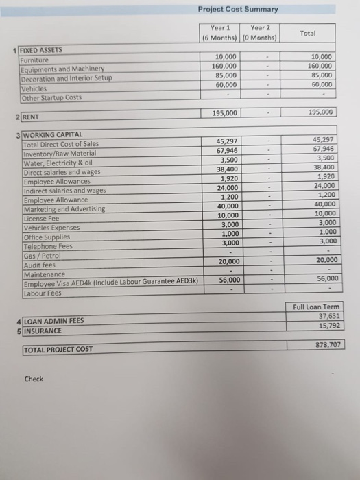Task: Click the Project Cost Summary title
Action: coord(238,9)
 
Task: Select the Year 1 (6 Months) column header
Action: coord(218,32)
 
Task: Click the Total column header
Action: coord(309,32)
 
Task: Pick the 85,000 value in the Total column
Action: coord(320,76)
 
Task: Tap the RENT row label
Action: coord(32,117)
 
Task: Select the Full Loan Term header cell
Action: coord(313,307)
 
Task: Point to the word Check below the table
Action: coord(34,379)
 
